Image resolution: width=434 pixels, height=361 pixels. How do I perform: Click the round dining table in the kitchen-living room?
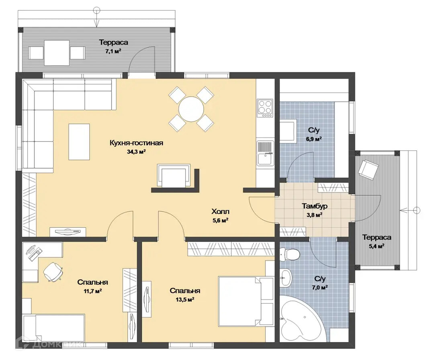click(191, 109)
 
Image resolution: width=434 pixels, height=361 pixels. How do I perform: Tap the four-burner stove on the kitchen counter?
click(265, 108)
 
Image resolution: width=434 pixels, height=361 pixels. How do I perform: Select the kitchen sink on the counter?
click(265, 153)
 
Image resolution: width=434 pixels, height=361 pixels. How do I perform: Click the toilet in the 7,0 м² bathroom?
click(289, 254)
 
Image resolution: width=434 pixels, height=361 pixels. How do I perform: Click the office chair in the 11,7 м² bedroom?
click(53, 272)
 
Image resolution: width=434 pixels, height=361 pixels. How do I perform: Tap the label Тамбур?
click(314, 206)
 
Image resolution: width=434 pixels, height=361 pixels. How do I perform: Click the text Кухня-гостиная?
click(137, 143)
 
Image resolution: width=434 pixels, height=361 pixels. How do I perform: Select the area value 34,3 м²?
click(137, 152)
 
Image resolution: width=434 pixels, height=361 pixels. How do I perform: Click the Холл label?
click(220, 212)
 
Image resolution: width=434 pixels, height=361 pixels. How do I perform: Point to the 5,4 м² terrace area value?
click(377, 246)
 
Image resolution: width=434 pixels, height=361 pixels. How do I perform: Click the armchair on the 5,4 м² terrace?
click(368, 168)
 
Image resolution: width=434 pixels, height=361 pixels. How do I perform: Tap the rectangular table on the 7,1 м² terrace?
click(57, 53)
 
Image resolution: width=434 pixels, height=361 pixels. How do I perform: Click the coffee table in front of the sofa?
click(79, 142)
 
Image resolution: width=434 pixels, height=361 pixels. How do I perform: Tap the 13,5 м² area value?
click(184, 299)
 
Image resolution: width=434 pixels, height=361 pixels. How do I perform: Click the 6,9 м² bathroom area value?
click(313, 139)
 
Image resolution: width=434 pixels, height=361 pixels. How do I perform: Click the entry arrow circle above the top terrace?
click(96, 11)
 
